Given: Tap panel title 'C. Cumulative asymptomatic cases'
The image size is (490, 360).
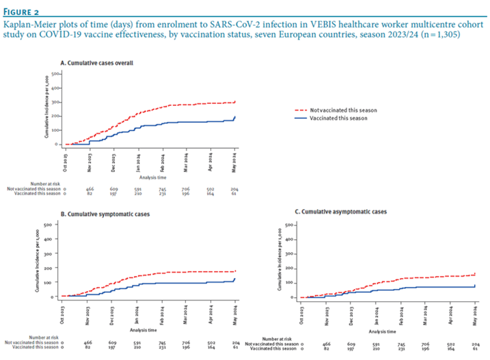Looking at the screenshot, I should tap(345, 212).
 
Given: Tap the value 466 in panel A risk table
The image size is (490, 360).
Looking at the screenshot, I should tap(89, 189).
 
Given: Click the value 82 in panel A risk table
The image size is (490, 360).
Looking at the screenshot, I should tap(89, 195).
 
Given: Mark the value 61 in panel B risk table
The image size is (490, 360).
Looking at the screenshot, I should tap(234, 346).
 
